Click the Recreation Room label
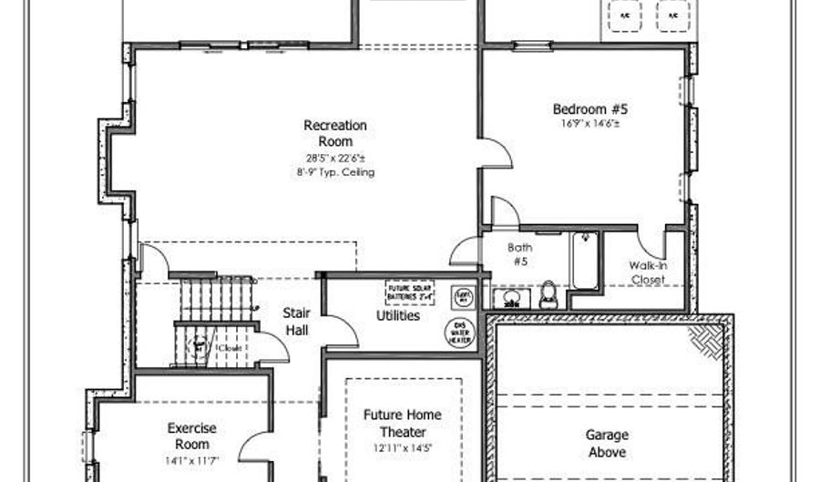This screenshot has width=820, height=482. click(x=335, y=133)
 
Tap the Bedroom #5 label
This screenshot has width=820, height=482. click(x=590, y=109)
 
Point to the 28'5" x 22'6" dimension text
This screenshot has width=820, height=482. click(x=335, y=157)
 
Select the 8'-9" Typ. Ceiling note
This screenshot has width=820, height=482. click(x=335, y=171)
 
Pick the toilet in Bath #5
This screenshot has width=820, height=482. click(x=548, y=292)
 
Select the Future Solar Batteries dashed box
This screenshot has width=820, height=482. click(x=409, y=292)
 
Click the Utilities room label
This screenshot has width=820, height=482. click(x=398, y=316)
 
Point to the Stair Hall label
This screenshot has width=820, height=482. click(x=296, y=321)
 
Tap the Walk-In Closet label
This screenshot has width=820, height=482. click(x=647, y=272)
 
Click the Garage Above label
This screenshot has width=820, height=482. click(x=607, y=443)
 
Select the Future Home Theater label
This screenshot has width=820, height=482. click(x=402, y=423)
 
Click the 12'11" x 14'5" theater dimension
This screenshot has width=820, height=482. click(x=402, y=447)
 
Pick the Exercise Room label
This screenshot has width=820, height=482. click(x=191, y=436)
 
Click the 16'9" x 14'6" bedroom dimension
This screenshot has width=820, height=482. click(x=590, y=124)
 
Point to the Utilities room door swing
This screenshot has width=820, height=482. click(x=339, y=331)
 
